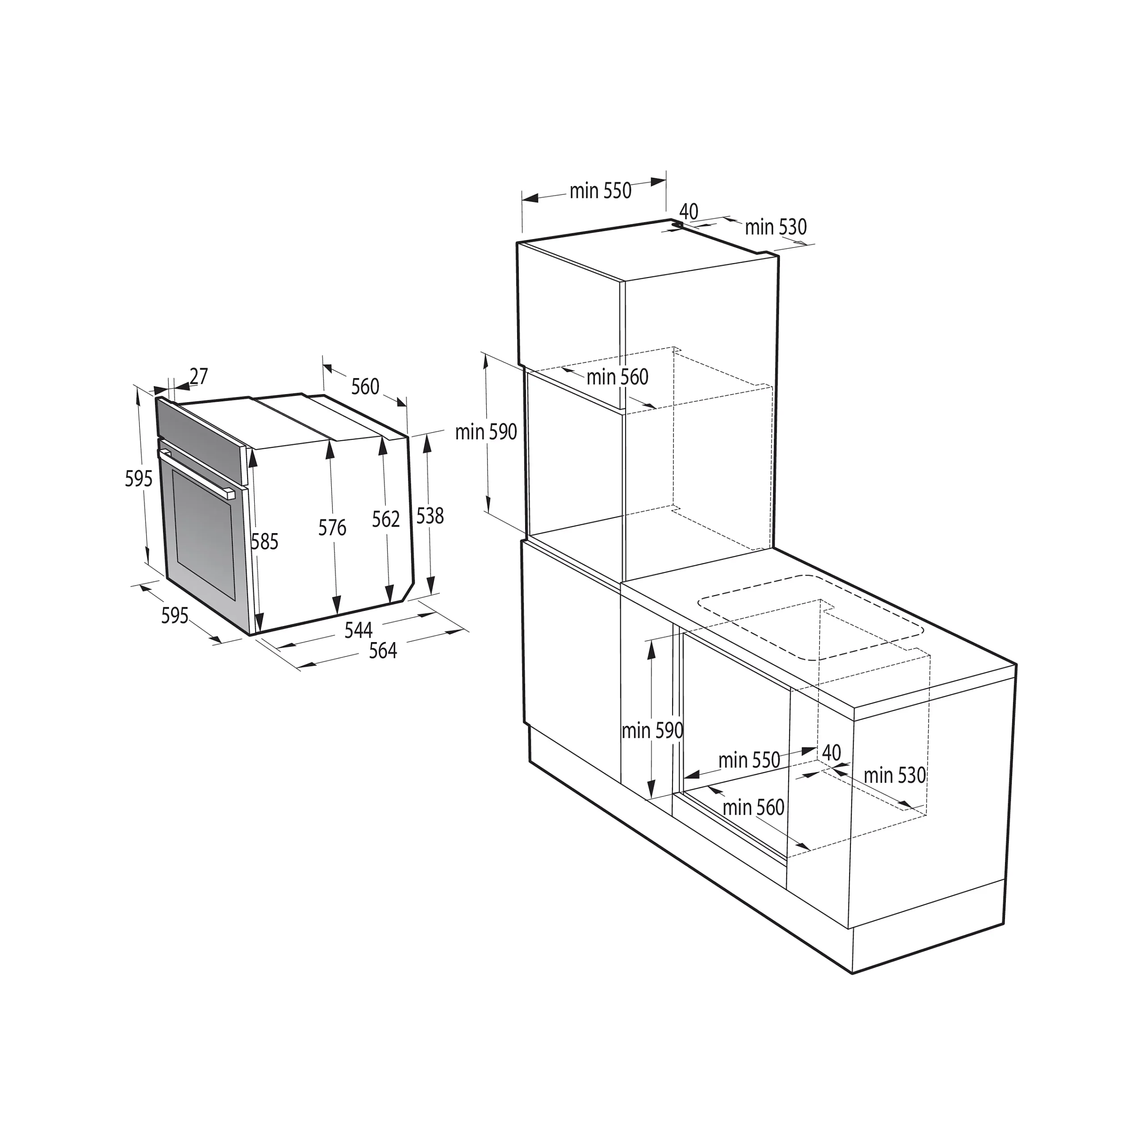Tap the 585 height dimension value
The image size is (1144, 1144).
(265, 541)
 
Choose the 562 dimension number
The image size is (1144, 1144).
(386, 519)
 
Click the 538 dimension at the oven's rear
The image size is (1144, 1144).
(430, 516)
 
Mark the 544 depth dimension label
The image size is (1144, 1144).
(358, 630)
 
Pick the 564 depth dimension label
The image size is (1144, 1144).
(383, 651)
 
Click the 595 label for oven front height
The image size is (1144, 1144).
(139, 479)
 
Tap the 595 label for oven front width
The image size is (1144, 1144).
(175, 616)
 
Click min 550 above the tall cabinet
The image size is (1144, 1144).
(601, 191)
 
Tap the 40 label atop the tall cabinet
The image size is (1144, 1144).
(689, 211)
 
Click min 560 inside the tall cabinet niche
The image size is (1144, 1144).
(618, 377)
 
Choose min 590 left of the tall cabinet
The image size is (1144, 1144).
(486, 432)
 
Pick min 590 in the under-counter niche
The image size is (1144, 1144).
(652, 731)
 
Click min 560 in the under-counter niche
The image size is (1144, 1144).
(754, 807)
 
